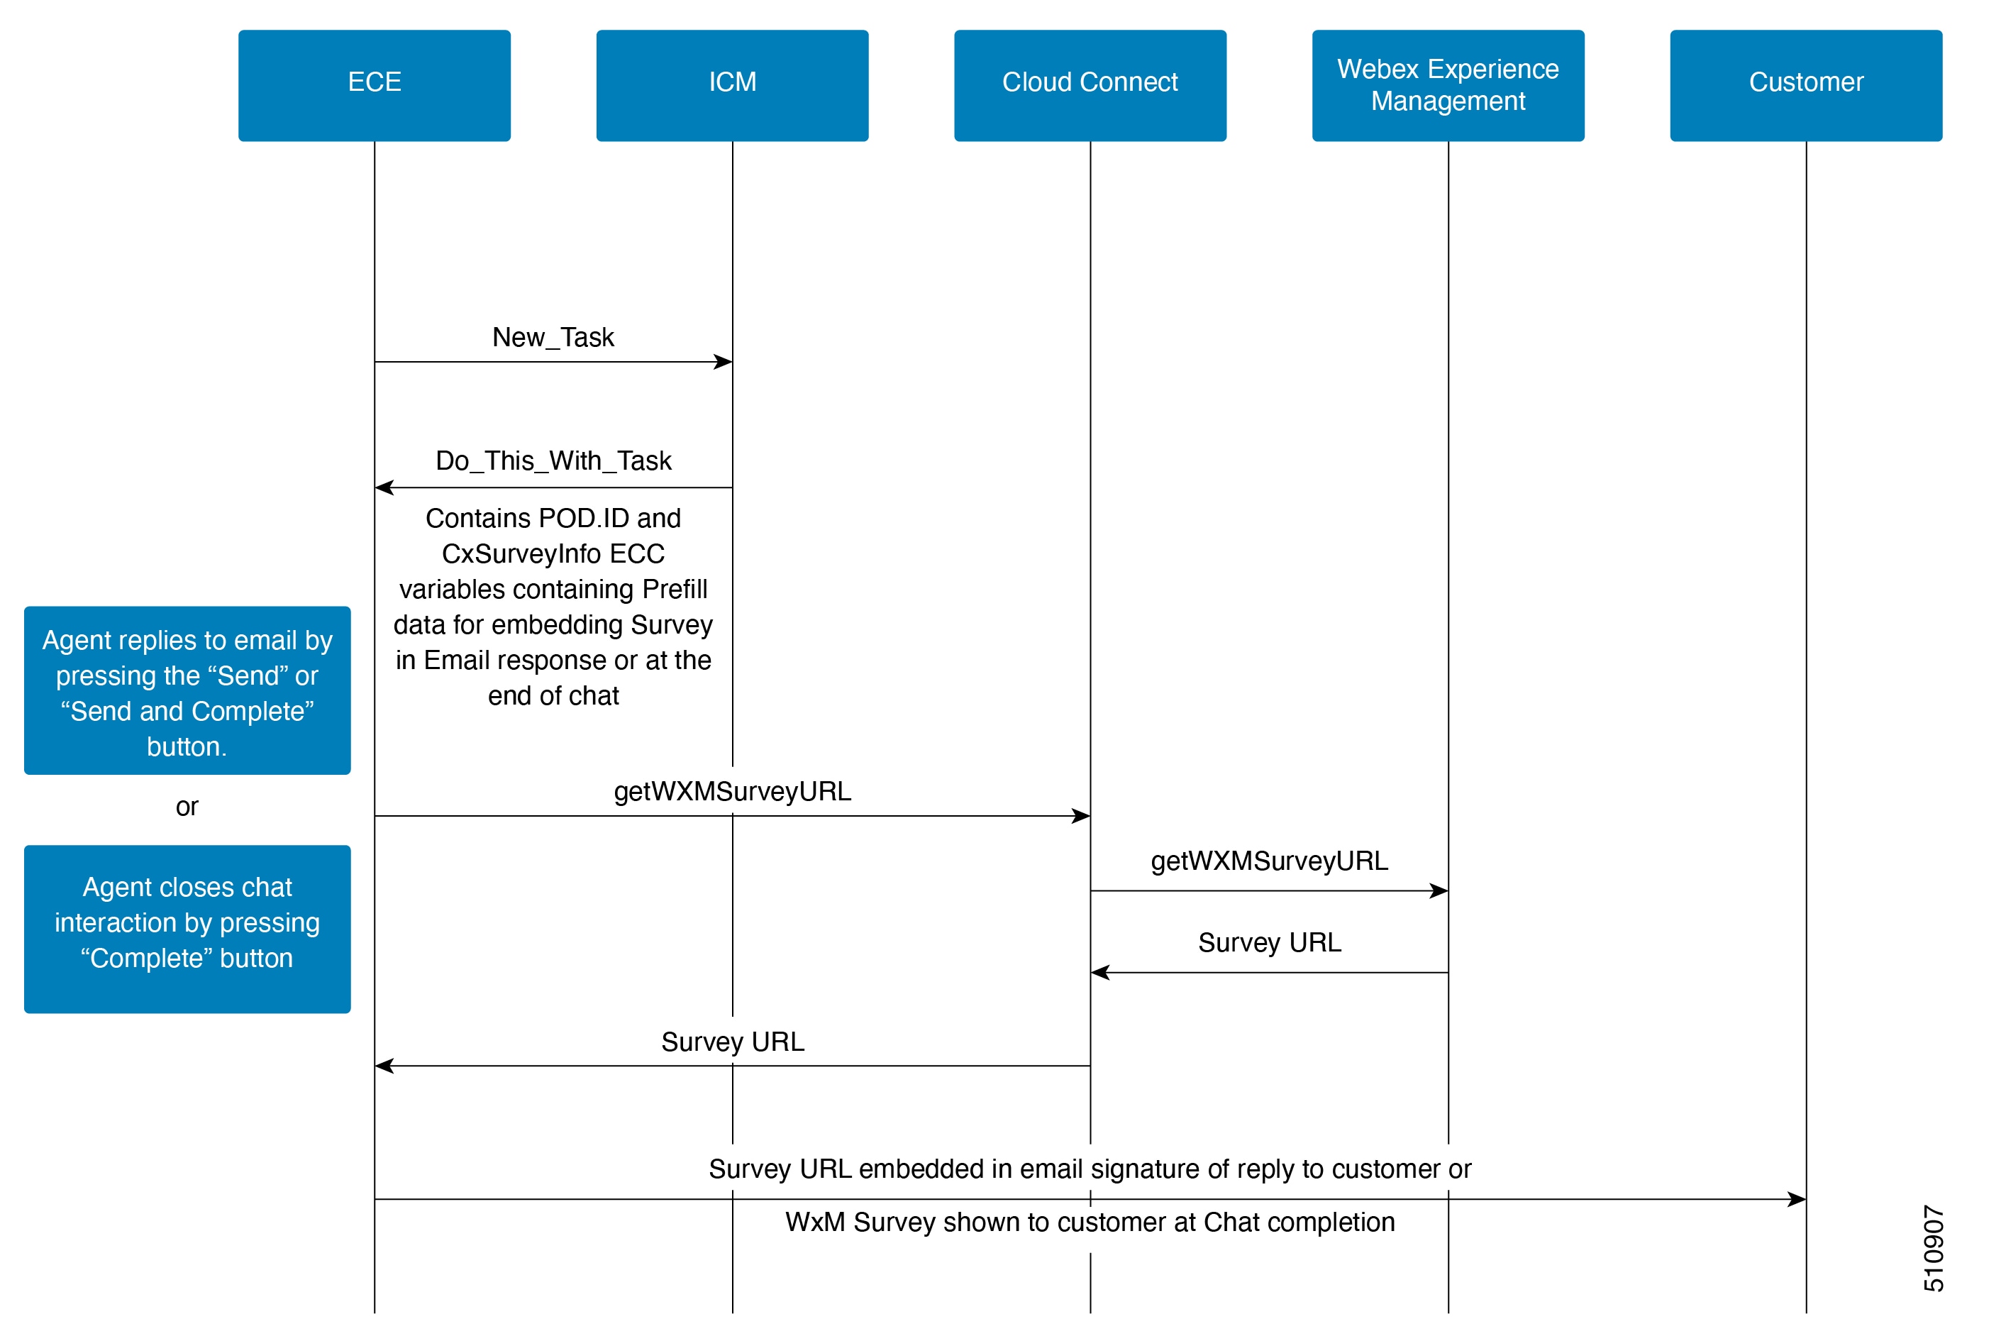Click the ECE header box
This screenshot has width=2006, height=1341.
coord(375,86)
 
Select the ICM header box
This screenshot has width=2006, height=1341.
coord(732,86)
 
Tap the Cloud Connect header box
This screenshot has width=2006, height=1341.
coord(1090,86)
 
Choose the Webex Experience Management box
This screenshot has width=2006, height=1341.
coord(1448,86)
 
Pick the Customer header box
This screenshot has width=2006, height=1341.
coord(1806,86)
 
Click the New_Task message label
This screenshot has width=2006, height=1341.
coord(553,338)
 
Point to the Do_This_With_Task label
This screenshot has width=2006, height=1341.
coord(553,461)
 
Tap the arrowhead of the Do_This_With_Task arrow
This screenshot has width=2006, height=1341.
coord(384,487)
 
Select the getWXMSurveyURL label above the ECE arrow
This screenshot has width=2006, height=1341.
coord(733,791)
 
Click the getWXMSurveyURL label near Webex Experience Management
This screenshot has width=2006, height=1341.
coord(1270,861)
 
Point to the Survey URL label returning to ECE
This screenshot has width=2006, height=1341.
coord(733,1042)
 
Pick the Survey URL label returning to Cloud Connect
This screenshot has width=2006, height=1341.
coord(1270,942)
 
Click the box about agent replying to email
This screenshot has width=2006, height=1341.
coord(187,690)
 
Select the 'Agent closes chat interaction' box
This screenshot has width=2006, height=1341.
coord(187,929)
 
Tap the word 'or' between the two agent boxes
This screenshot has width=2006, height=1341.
coord(187,807)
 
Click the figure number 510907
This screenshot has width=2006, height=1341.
coord(1934,1248)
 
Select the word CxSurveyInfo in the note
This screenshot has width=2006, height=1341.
coord(521,554)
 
